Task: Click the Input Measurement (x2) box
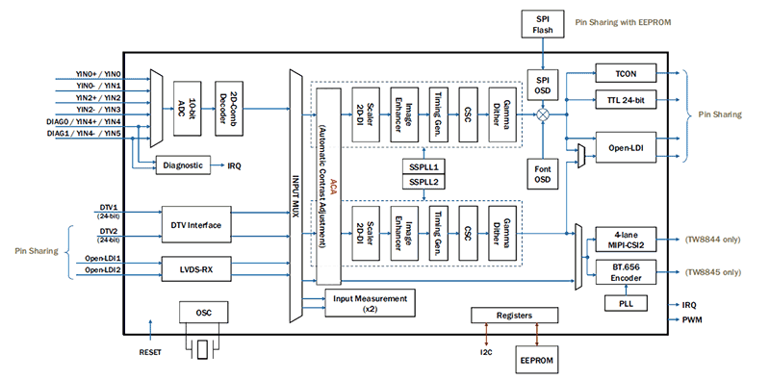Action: (372, 303)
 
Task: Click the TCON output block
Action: (625, 74)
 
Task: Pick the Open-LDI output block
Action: (625, 148)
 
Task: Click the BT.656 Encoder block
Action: (625, 273)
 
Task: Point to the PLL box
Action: (625, 305)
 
